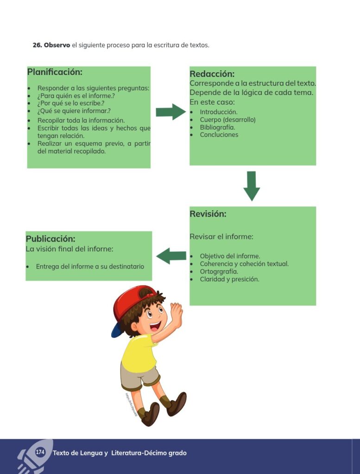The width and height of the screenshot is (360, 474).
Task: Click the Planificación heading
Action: pos(55,72)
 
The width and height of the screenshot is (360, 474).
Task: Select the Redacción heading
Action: pos(212,74)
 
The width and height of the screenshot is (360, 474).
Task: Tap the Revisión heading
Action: pos(208,214)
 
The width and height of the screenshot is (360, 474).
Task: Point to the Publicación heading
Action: pos(51,239)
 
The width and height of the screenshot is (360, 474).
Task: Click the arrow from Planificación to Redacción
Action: pos(171,112)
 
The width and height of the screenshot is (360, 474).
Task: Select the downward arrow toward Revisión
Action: pos(252,186)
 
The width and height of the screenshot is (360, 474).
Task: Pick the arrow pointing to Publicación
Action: pos(171,256)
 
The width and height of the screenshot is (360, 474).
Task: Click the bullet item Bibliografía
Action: pos(217,127)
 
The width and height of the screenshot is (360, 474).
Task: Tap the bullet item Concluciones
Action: pos(219,135)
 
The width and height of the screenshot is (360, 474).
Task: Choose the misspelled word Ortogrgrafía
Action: pos(219,271)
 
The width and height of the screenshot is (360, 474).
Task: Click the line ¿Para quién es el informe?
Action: pos(76,96)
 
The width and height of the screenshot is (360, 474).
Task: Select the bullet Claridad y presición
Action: pos(230,279)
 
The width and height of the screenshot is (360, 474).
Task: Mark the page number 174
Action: pos(40,452)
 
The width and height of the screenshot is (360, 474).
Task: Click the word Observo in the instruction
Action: pos(57,45)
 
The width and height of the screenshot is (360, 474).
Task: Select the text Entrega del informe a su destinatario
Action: pos(90,267)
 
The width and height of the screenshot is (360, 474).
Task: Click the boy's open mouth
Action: pos(155,326)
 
